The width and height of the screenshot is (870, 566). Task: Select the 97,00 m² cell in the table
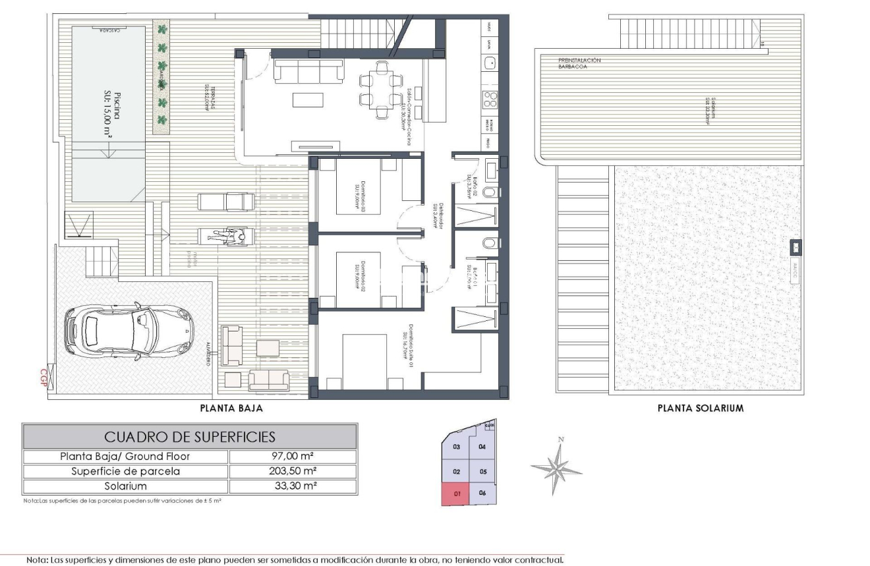click(x=293, y=457)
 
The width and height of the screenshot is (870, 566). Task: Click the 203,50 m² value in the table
click(x=293, y=472)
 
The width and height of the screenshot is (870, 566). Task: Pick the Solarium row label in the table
click(x=125, y=487)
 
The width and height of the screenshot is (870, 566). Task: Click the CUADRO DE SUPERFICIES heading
click(x=190, y=437)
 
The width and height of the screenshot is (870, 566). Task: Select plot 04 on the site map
click(x=482, y=447)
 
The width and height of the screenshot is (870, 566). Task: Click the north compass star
click(x=558, y=467)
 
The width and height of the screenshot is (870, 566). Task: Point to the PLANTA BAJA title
click(x=231, y=409)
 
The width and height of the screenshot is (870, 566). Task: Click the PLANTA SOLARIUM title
click(x=701, y=409)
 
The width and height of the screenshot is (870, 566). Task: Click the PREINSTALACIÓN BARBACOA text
click(x=579, y=63)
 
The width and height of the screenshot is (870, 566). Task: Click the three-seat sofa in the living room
click(x=308, y=71)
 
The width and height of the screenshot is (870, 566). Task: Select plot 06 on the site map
click(x=482, y=493)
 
